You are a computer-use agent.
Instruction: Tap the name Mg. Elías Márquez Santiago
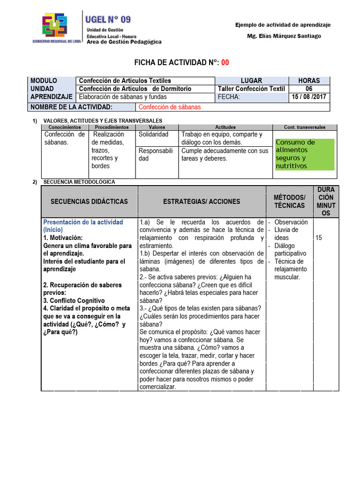click(284, 36)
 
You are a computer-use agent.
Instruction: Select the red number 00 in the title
click(225, 63)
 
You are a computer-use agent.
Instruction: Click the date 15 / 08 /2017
click(309, 97)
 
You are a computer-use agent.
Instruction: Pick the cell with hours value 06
click(309, 89)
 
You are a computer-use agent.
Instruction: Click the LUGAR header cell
click(251, 81)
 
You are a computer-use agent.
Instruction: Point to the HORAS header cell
click(309, 81)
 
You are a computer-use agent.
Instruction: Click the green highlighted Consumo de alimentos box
click(304, 154)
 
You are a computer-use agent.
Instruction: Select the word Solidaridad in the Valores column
click(154, 135)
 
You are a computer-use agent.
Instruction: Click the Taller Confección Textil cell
click(251, 89)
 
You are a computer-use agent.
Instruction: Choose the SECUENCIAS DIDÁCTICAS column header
click(89, 202)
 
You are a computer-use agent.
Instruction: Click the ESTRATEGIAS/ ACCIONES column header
click(202, 202)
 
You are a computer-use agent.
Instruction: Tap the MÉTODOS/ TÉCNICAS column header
click(289, 202)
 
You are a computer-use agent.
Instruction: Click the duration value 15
click(319, 238)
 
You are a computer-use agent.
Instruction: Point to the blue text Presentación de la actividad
click(83, 222)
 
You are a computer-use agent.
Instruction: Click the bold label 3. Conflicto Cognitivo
click(74, 300)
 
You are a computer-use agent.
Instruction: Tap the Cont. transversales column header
click(304, 127)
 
